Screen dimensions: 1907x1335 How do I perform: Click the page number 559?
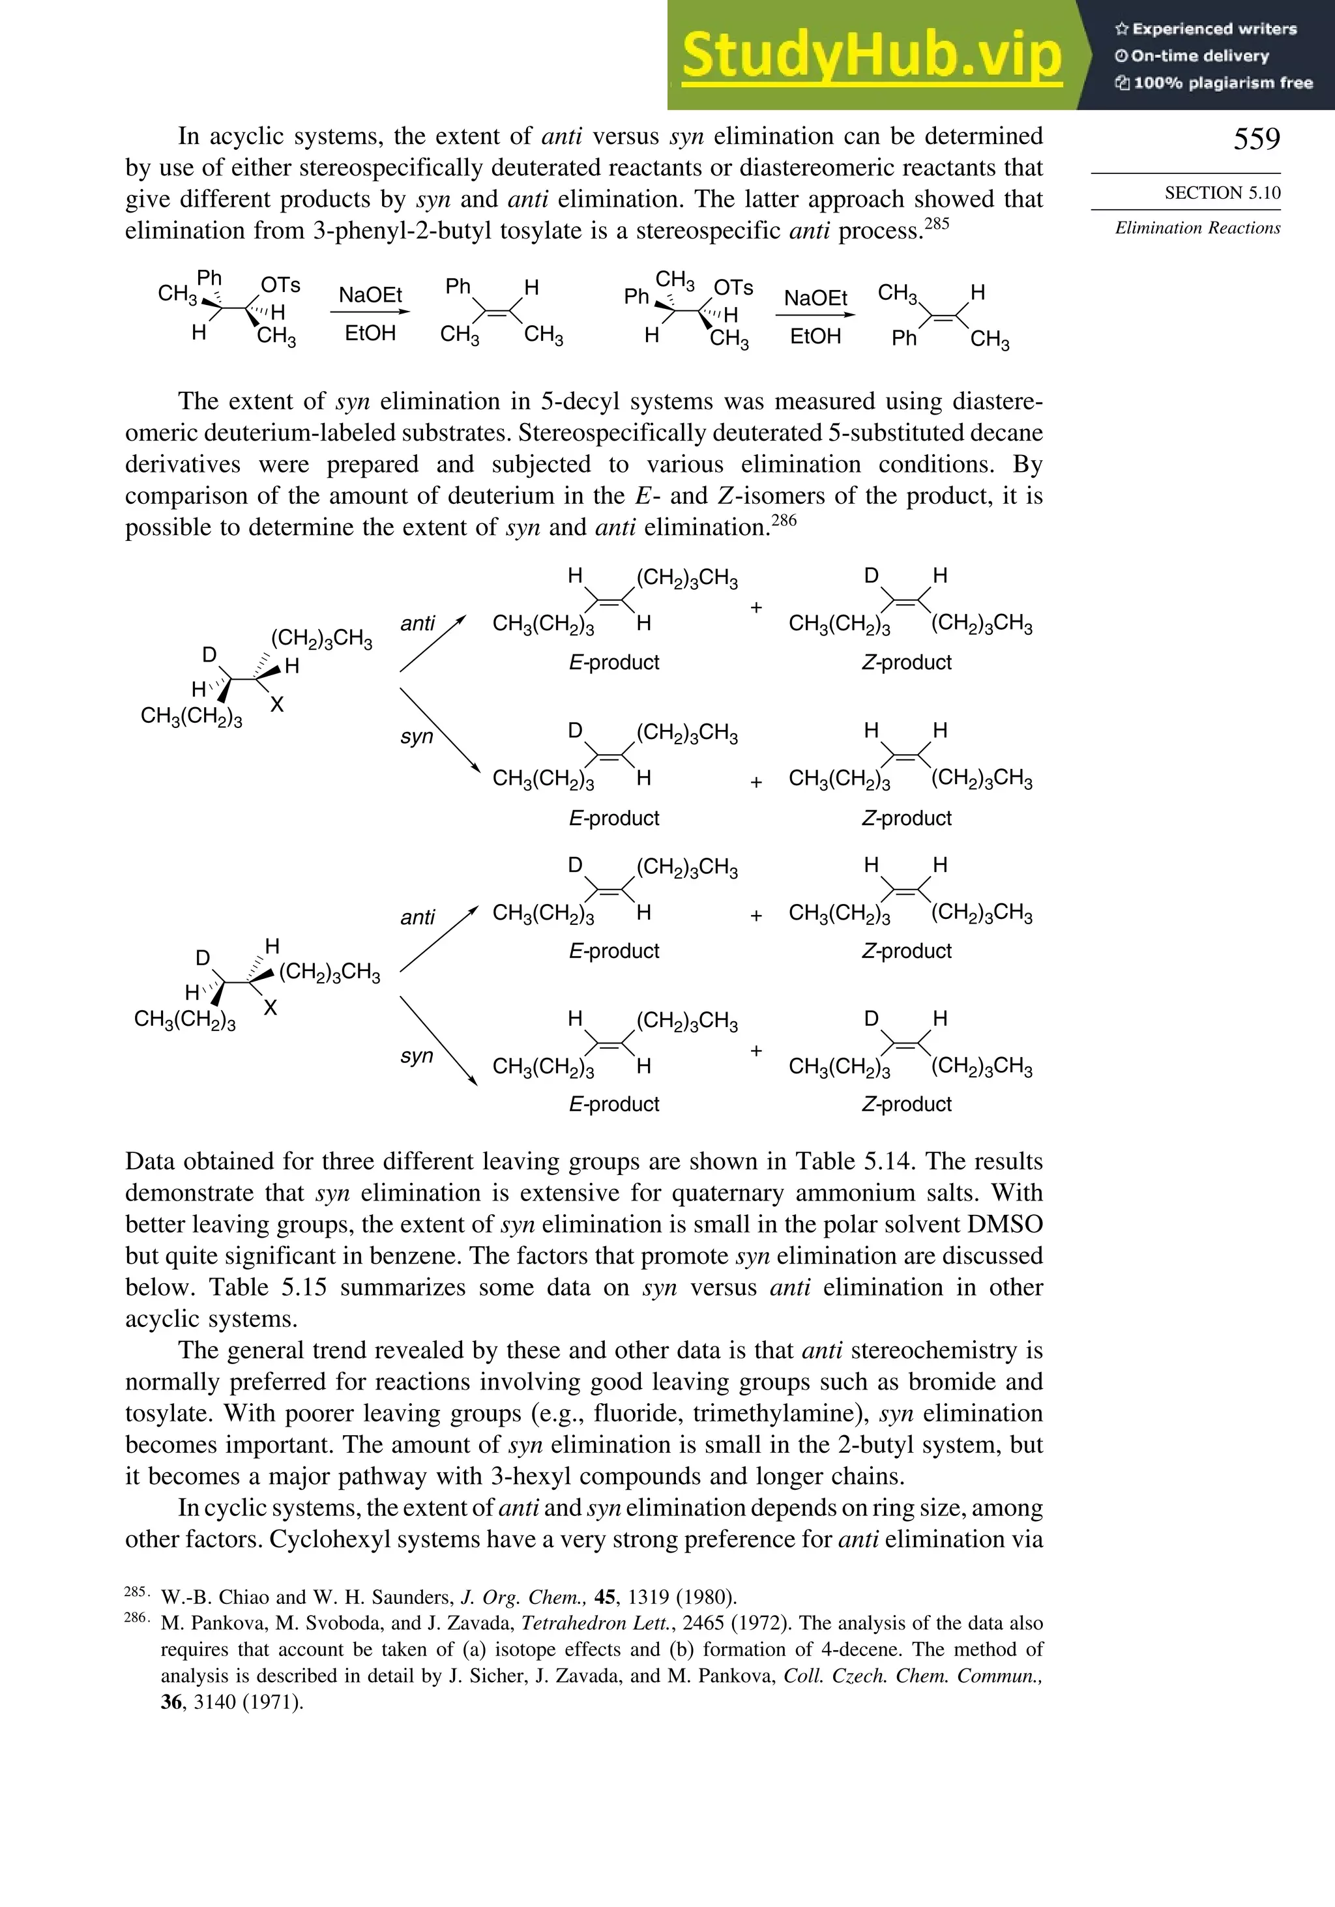(1256, 139)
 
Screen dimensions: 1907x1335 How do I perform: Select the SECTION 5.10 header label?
(1222, 193)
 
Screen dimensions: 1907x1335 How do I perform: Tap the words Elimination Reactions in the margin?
(1197, 227)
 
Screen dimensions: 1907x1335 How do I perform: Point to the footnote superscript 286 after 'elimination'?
(784, 521)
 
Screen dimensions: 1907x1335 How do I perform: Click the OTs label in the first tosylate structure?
(280, 285)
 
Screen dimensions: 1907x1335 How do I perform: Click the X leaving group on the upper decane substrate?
(276, 705)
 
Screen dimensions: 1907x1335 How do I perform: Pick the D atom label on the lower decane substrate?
(202, 957)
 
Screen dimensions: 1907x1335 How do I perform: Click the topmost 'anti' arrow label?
(418, 623)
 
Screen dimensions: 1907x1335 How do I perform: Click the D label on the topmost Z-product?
(871, 575)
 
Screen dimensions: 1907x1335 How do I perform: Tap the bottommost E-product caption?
(614, 1104)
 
